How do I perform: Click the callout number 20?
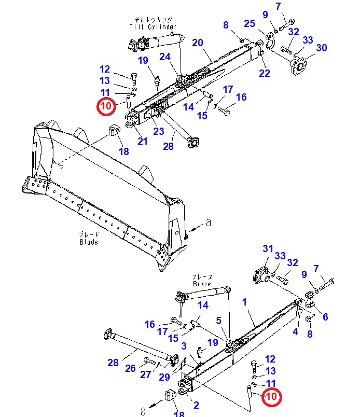[197, 43]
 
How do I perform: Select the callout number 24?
[165, 57]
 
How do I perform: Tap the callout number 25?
[250, 24]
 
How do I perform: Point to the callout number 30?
[322, 48]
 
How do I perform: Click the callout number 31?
[268, 249]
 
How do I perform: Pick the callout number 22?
[265, 73]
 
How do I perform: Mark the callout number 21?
[142, 141]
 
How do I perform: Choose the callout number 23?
[159, 132]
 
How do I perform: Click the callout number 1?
[244, 301]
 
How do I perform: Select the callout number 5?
[218, 321]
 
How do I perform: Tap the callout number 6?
[325, 317]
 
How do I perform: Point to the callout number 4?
[296, 331]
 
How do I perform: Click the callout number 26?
[130, 368]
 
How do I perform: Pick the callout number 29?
[164, 377]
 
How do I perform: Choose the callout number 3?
[184, 345]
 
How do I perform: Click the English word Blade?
[89, 242]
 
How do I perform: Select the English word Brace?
[201, 284]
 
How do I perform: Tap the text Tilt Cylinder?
[153, 26]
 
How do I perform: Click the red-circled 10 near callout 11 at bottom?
[271, 397]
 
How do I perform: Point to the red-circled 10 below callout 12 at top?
[106, 106]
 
